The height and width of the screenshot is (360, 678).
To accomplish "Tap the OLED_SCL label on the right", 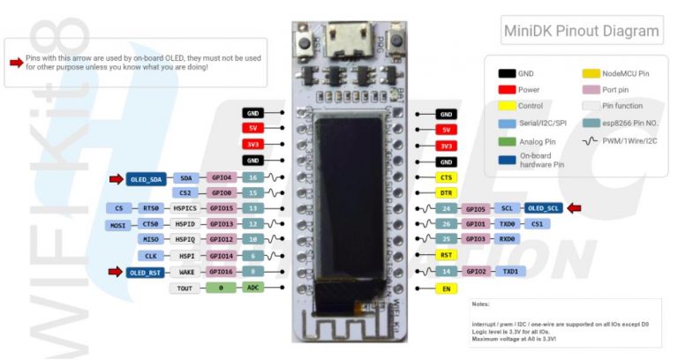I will click(542, 208).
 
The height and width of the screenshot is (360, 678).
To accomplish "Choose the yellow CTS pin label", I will click(447, 177).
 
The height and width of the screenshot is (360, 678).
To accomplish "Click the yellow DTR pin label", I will click(447, 192).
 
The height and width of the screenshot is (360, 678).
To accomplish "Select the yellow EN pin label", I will click(447, 289).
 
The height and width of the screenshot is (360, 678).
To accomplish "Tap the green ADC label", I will click(253, 288).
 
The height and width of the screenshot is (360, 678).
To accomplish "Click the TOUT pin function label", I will click(185, 288).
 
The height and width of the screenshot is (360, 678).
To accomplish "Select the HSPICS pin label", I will click(185, 208).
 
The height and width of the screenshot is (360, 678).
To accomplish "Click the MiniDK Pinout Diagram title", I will click(580, 31).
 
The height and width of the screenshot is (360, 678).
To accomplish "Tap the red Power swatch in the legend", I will click(507, 89).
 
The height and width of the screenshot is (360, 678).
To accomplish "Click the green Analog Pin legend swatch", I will click(507, 139).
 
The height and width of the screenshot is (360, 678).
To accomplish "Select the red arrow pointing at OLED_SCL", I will click(575, 208).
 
